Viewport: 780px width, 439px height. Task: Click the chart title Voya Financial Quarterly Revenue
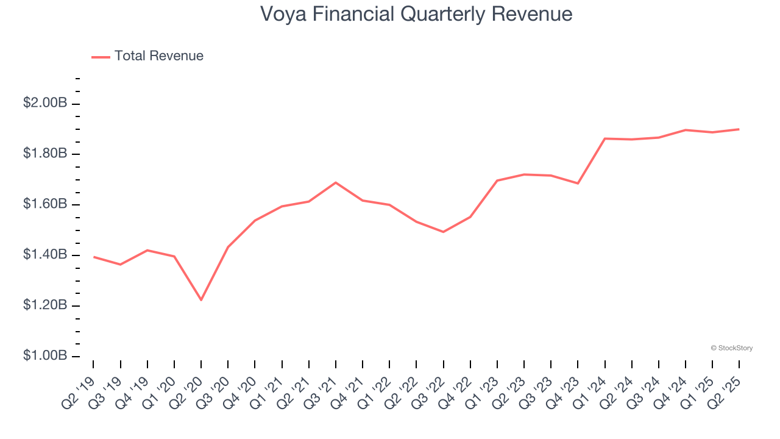(x=416, y=14)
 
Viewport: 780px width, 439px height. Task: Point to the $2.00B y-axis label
(x=45, y=103)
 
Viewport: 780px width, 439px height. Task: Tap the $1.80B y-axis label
(x=45, y=154)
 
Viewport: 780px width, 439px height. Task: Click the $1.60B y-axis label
(x=45, y=204)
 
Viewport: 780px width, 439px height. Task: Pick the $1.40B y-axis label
(x=45, y=255)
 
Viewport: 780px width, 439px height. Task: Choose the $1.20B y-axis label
(x=45, y=305)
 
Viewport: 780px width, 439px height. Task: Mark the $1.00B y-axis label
(x=45, y=356)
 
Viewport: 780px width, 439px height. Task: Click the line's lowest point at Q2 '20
(x=201, y=300)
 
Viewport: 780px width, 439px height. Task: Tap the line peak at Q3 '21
(x=336, y=182)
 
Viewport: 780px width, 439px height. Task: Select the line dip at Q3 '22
(x=443, y=232)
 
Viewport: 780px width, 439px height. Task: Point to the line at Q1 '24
(x=604, y=138)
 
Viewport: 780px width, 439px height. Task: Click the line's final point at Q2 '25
(x=739, y=129)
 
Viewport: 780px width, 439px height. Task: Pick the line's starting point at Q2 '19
(x=94, y=257)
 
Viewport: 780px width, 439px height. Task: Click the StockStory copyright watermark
(x=732, y=348)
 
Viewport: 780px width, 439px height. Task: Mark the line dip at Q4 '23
(x=578, y=183)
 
